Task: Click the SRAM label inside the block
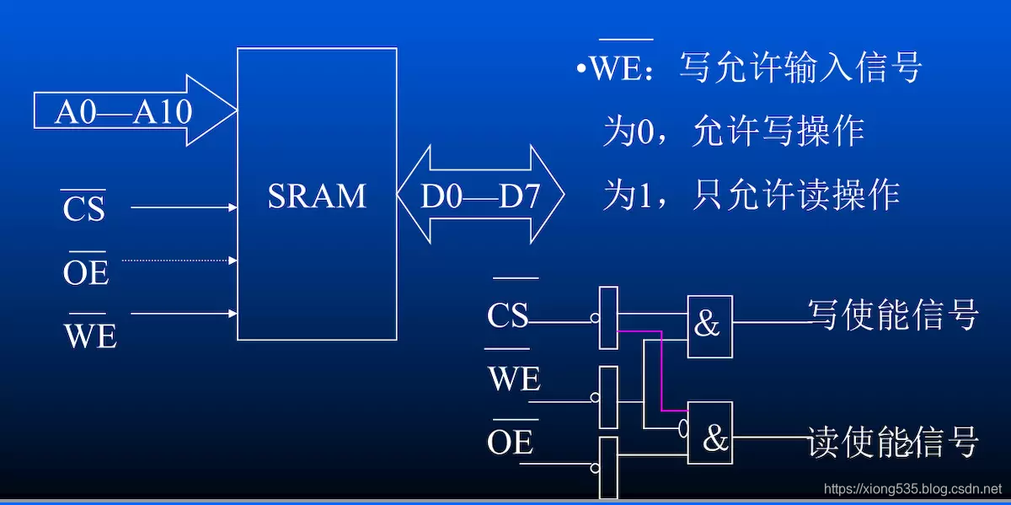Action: [317, 196]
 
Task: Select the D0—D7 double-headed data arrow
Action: [479, 196]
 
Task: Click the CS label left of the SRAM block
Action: [83, 209]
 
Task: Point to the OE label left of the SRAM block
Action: [86, 271]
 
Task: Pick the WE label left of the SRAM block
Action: [90, 335]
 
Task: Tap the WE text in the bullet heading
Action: [616, 68]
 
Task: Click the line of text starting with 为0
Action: [733, 132]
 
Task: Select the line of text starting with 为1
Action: [751, 195]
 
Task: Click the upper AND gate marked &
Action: [709, 325]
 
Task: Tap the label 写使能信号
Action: [892, 314]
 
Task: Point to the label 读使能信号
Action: [892, 441]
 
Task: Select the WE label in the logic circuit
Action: [513, 379]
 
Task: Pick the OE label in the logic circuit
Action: [510, 442]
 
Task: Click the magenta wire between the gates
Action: [662, 371]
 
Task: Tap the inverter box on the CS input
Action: [608, 318]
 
